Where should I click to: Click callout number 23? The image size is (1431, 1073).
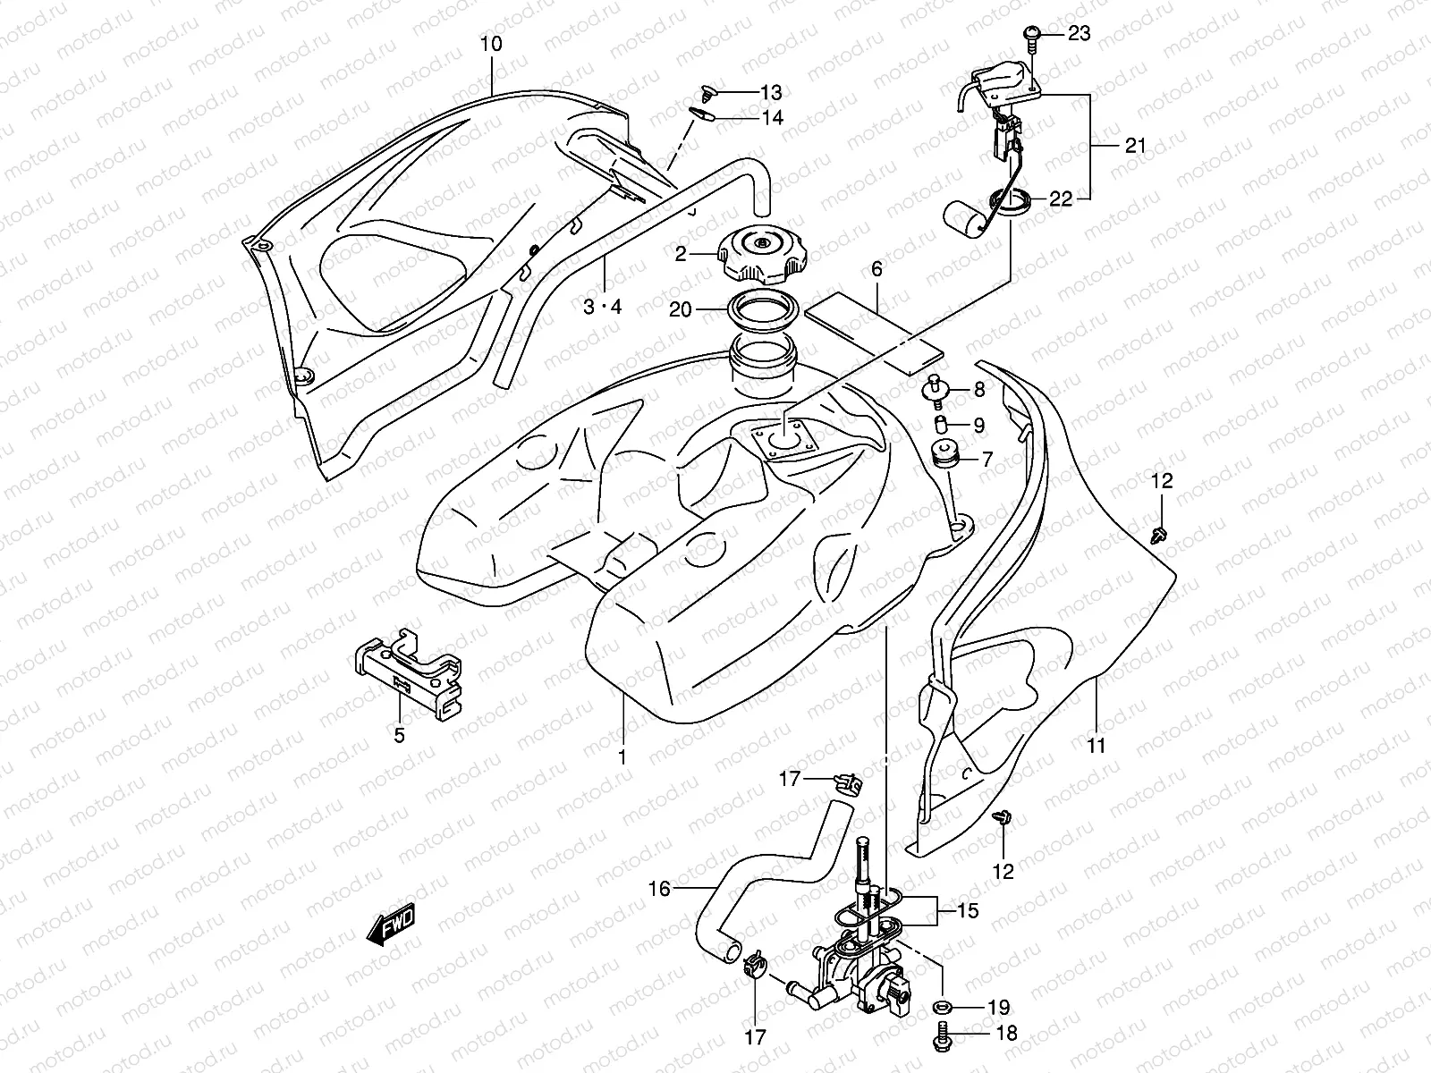point(1080,34)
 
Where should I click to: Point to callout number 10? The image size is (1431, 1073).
point(491,44)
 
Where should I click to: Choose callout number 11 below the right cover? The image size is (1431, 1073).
point(1097,745)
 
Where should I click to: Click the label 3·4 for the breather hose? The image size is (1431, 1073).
point(603,307)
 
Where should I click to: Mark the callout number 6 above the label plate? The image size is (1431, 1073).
point(876,268)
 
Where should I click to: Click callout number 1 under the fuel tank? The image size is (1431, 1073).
point(622,756)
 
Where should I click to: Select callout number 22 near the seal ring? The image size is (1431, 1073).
point(1061,199)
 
